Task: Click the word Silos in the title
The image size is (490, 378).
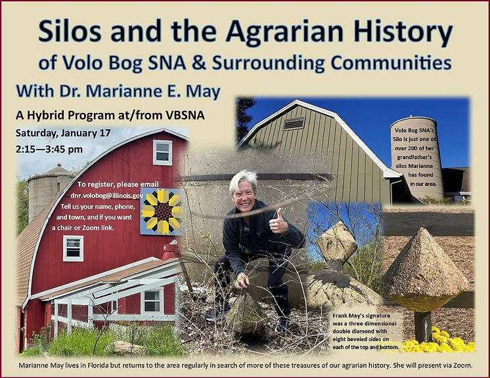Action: click(x=70, y=31)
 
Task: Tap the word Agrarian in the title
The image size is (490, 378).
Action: click(x=284, y=31)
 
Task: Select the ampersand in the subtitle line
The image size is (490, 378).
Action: click(x=199, y=62)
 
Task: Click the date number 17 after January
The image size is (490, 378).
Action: click(x=105, y=133)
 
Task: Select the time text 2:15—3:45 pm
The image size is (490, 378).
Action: click(x=49, y=149)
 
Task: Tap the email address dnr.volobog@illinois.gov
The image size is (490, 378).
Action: click(x=107, y=196)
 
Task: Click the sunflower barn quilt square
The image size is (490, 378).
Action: click(x=161, y=211)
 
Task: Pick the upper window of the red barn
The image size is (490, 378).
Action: click(x=162, y=152)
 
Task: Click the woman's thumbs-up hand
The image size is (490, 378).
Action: click(x=277, y=222)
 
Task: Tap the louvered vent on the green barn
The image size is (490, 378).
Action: click(x=294, y=123)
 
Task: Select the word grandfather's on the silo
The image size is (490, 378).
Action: click(x=414, y=157)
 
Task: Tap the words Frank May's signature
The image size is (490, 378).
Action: click(x=361, y=316)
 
